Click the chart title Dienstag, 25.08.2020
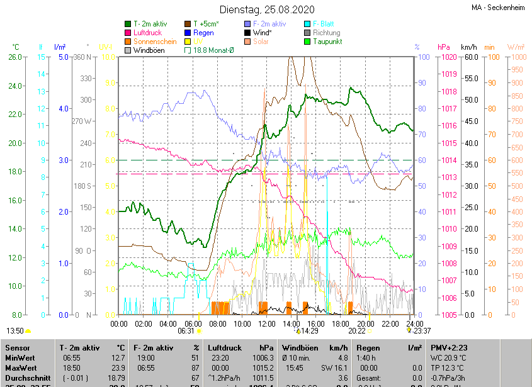[x=266, y=9]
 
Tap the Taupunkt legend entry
[x=327, y=42]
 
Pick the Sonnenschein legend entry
[x=154, y=42]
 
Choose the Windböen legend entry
[x=149, y=50]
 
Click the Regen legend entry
[x=203, y=33]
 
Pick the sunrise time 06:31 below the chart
[x=186, y=330]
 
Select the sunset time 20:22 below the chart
[x=357, y=330]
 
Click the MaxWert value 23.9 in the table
[x=118, y=367]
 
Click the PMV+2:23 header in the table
[x=450, y=348]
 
